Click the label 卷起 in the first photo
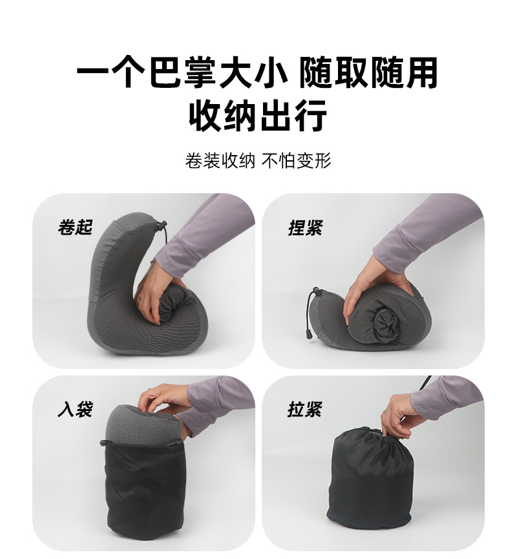(75, 227)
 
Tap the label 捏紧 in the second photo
(305, 227)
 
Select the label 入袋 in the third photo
(75, 408)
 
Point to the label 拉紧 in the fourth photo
(305, 408)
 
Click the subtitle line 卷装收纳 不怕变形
(258, 160)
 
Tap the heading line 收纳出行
(258, 116)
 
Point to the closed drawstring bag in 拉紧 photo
(371, 481)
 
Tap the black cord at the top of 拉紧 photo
(426, 385)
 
